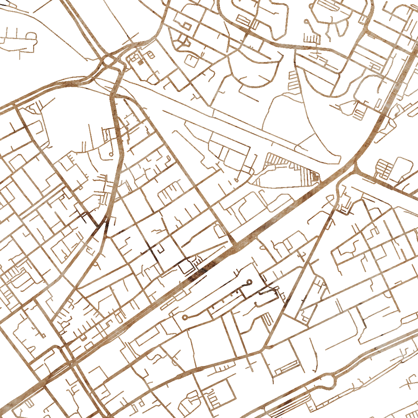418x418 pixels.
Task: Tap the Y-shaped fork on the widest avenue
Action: coord(355,167)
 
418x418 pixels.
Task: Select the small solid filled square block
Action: coord(140,63)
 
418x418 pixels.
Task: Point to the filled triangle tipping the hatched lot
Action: coord(316,177)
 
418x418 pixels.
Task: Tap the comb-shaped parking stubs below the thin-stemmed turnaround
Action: coord(312,37)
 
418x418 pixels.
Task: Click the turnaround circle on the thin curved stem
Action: coord(306,22)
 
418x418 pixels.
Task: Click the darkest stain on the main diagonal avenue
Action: coord(197,275)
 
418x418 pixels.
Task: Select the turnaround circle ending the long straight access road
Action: coord(185,317)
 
